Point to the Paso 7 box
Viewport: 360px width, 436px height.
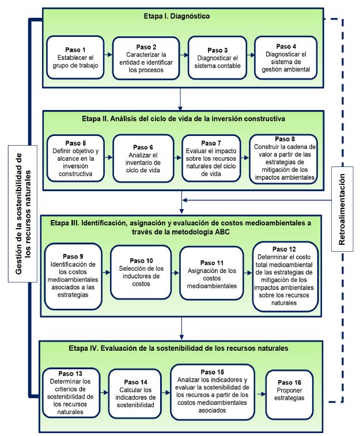213,157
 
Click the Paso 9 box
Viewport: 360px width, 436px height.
73,275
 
